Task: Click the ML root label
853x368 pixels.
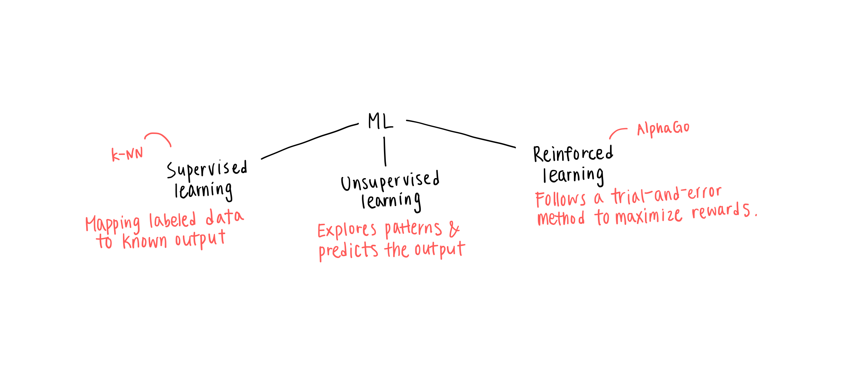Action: tap(380, 121)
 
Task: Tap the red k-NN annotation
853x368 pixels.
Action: tap(127, 154)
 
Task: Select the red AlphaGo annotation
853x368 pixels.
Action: tap(663, 128)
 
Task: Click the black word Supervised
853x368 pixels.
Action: tap(207, 170)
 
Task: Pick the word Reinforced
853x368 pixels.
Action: tap(573, 154)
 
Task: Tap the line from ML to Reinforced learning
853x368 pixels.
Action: tap(460, 133)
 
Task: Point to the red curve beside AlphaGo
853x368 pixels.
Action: tap(617, 132)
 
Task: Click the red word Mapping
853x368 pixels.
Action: tap(113, 224)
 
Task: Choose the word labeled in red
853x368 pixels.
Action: tap(172, 220)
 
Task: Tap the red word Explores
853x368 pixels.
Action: tap(347, 231)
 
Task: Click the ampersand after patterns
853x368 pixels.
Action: tap(454, 230)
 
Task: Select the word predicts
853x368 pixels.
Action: tap(348, 251)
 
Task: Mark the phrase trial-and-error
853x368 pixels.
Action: tap(666, 195)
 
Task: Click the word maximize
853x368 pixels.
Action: tap(649, 216)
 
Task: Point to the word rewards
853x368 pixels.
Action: tap(721, 211)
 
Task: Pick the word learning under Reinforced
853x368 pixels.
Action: tap(573, 176)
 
